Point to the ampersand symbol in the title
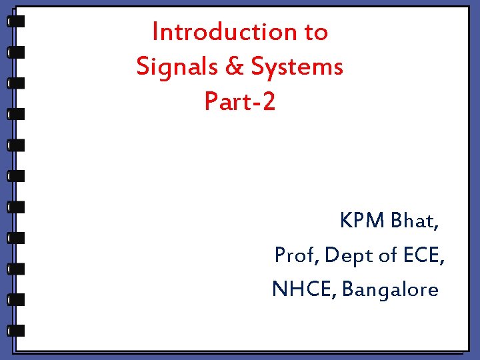point(232,66)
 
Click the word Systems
point(297,67)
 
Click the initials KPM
point(362,220)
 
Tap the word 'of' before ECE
point(389,255)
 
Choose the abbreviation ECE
point(424,255)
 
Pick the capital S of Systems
point(258,66)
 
